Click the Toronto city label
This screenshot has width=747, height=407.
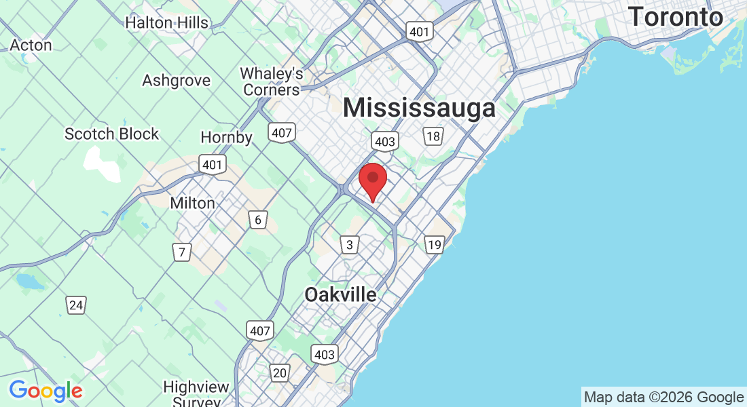click(x=676, y=16)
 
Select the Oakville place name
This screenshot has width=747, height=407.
click(x=340, y=295)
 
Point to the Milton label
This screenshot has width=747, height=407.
click(x=192, y=203)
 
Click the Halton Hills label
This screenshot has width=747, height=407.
click(x=166, y=22)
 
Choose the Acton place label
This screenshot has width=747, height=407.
click(x=31, y=45)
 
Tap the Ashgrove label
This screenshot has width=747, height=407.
click(x=176, y=81)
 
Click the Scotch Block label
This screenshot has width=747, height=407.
click(x=111, y=134)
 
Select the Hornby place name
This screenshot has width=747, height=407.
click(x=226, y=138)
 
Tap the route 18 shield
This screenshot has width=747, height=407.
click(x=433, y=136)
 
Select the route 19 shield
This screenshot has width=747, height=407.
click(x=434, y=244)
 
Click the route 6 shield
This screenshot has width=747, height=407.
click(x=257, y=220)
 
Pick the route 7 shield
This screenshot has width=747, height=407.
click(x=181, y=253)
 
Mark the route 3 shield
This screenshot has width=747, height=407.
click(x=349, y=245)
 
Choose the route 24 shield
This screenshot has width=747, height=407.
click(x=76, y=305)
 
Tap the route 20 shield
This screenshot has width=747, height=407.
click(x=280, y=372)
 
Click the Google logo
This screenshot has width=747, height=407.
click(x=45, y=391)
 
